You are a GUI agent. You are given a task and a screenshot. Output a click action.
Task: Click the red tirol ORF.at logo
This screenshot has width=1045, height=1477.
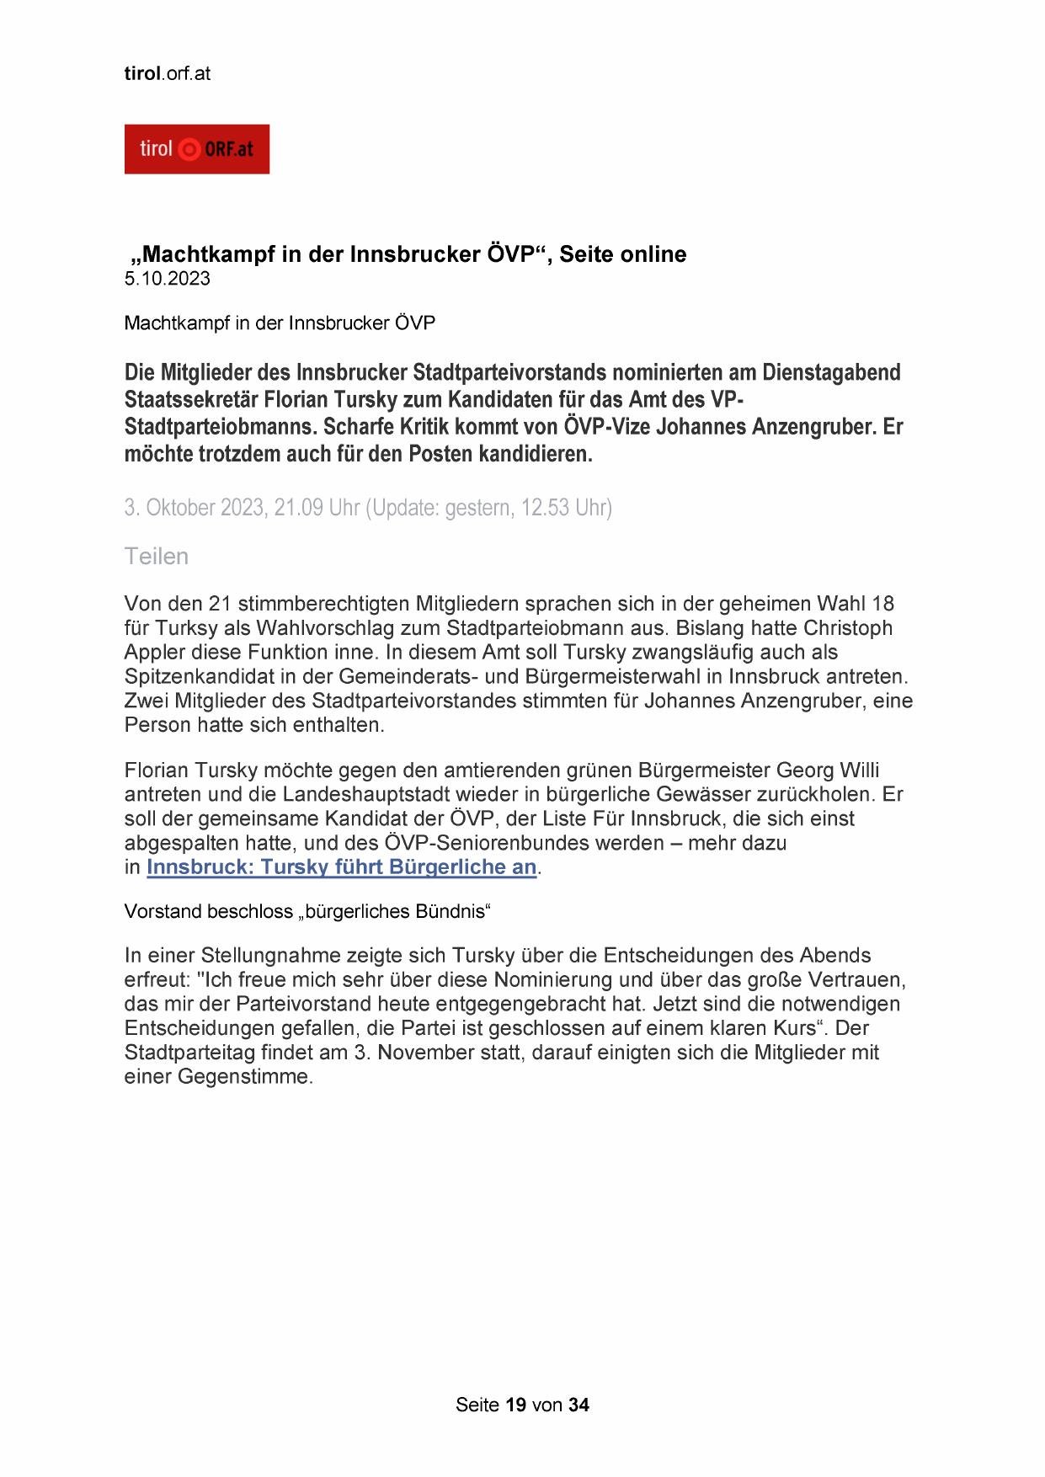[196, 149]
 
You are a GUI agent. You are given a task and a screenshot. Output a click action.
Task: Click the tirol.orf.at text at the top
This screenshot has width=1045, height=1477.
[167, 73]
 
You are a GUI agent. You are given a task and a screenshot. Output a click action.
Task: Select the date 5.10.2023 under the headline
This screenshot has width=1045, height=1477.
[167, 279]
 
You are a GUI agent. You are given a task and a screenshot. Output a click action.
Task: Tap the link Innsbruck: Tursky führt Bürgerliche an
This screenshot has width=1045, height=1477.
[341, 867]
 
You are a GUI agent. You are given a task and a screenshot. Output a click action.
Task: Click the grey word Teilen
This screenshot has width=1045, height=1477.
[157, 557]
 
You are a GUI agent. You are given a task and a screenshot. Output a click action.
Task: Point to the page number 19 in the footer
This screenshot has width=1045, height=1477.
[516, 1405]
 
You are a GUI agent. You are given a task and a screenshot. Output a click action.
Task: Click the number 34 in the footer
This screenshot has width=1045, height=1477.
[578, 1405]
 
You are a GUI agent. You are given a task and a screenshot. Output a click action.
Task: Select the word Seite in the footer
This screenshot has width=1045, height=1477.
[477, 1405]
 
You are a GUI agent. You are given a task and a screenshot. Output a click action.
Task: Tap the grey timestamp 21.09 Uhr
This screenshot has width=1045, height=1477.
[317, 508]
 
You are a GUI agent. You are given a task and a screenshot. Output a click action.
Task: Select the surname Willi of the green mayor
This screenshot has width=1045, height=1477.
[860, 770]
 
